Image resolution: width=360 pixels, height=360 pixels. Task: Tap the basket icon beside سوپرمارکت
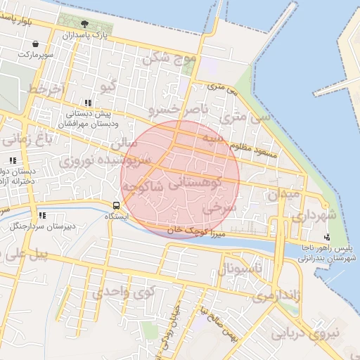click(34, 44)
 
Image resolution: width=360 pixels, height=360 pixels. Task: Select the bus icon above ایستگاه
click(115, 206)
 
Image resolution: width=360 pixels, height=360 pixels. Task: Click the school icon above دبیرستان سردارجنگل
click(42, 215)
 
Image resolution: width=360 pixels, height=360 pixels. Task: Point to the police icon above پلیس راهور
click(328, 236)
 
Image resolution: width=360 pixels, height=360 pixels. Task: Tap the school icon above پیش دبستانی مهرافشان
click(87, 103)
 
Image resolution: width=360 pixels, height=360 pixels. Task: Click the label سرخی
click(217, 208)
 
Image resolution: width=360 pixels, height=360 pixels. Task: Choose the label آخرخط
click(46, 90)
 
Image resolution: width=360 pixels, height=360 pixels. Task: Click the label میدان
click(284, 192)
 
